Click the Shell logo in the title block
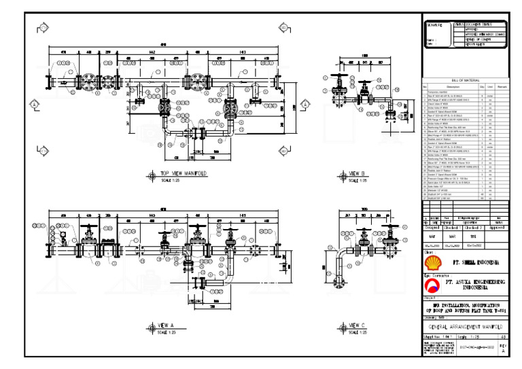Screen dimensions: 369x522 click(431, 261)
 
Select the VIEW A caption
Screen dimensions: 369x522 click(167, 326)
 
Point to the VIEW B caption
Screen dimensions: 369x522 click(358, 174)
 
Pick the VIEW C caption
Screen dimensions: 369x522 click(357, 326)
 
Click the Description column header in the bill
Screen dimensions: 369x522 click(452, 86)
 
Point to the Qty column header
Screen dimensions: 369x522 click(481, 86)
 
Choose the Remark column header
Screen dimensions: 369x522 click(502, 86)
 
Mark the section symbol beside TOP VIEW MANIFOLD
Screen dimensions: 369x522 click(150, 175)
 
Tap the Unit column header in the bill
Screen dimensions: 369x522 click(490, 86)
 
